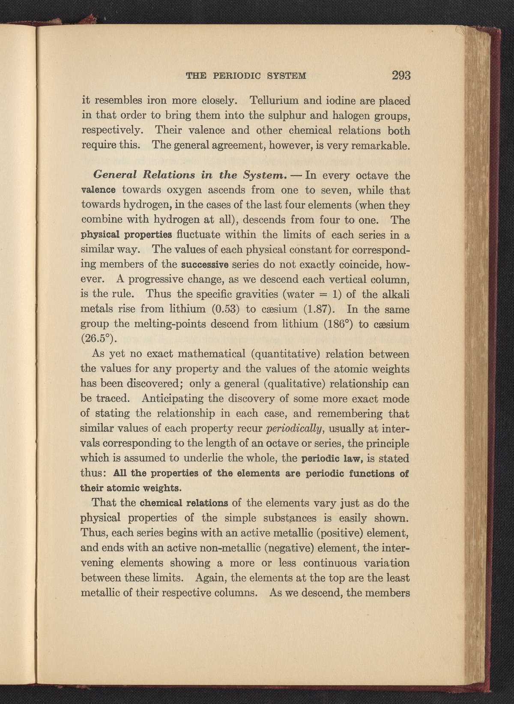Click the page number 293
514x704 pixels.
(401, 76)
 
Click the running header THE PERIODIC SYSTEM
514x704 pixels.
(246, 77)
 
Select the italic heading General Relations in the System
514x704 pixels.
(190, 175)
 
